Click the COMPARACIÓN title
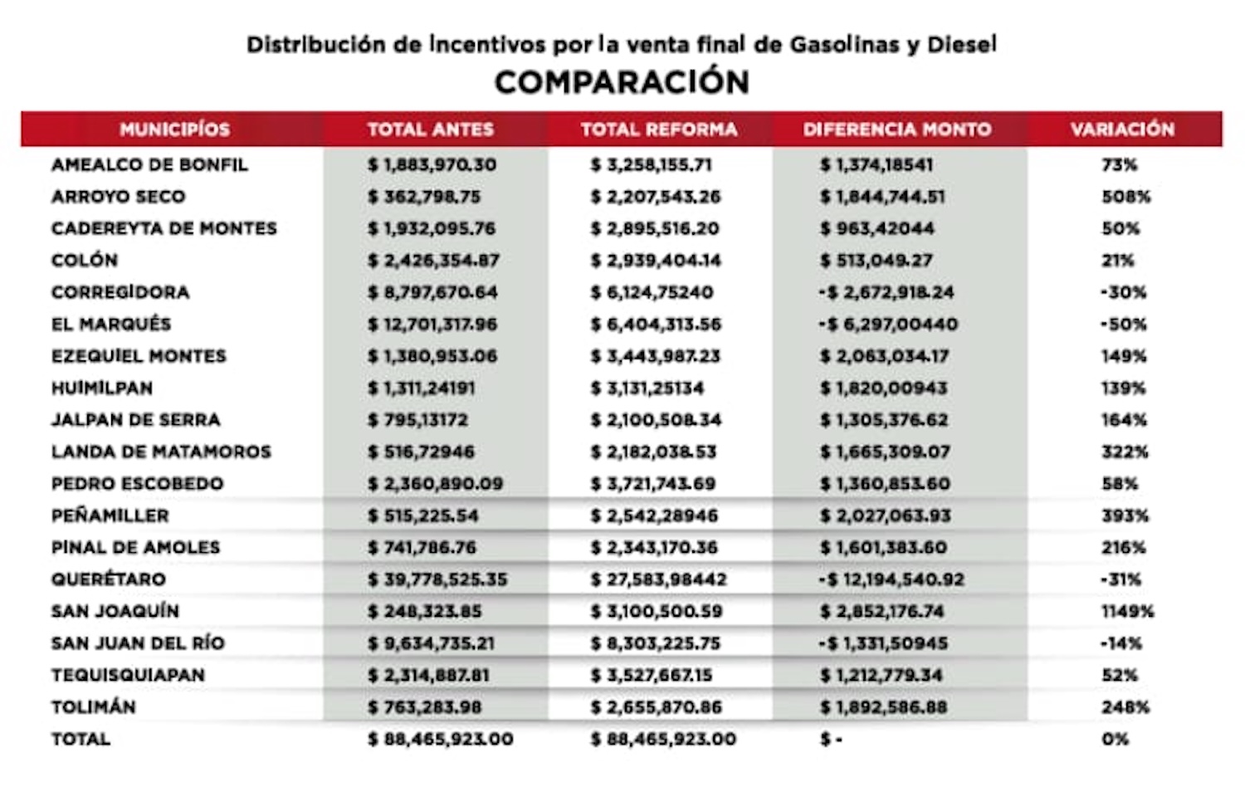pos(622,82)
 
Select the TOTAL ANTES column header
pos(430,130)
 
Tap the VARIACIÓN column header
pos(1122,130)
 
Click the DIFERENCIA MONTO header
pos(896,130)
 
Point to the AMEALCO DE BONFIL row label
pos(149,164)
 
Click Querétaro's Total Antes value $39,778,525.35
pos(437,579)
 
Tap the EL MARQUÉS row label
pos(111,324)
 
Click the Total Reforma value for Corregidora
pos(652,292)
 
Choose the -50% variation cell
pos(1123,324)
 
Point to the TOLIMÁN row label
pos(94,707)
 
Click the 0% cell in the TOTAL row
pos(1115,739)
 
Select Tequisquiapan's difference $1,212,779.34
pos(881,675)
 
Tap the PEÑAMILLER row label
pos(110,516)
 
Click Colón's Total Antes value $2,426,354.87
pos(433,261)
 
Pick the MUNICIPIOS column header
pos(174,130)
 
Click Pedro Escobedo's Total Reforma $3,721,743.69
pos(653,484)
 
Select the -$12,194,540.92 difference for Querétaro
pos(891,579)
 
